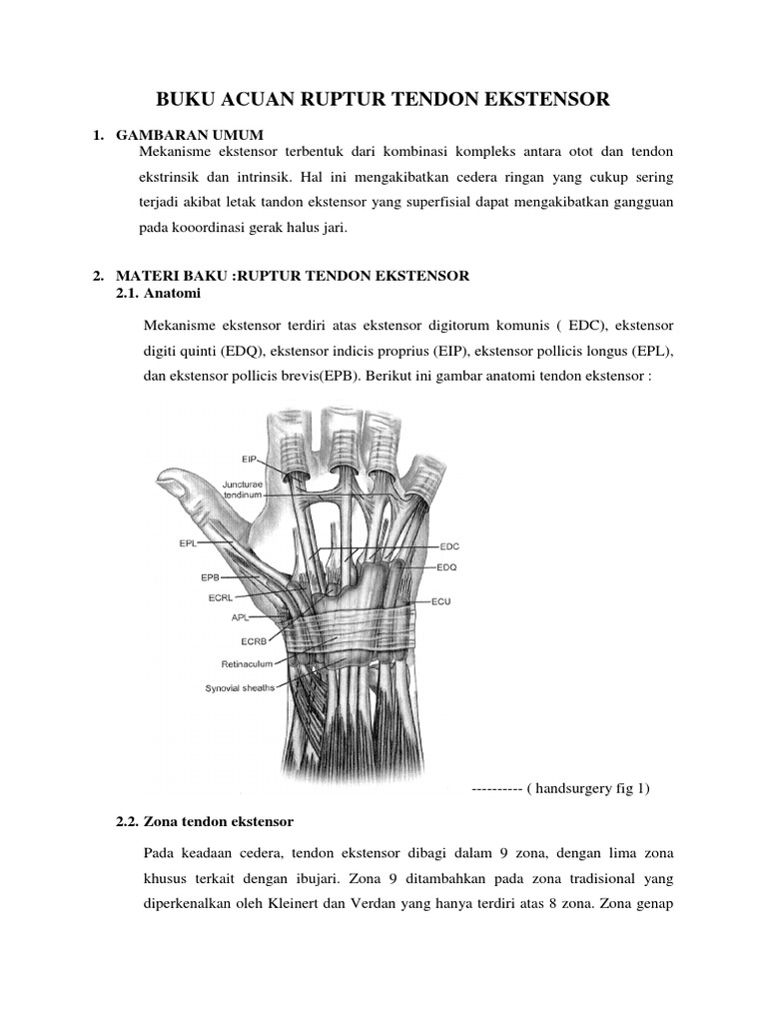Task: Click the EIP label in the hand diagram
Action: [250, 460]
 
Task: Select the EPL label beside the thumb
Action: [188, 544]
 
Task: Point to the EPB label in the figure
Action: [210, 577]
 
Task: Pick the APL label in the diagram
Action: [240, 617]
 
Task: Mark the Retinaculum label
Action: [247, 662]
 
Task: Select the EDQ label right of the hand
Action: [447, 567]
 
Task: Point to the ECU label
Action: [441, 603]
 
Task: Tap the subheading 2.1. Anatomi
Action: [159, 293]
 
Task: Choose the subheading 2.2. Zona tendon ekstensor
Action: [205, 822]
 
